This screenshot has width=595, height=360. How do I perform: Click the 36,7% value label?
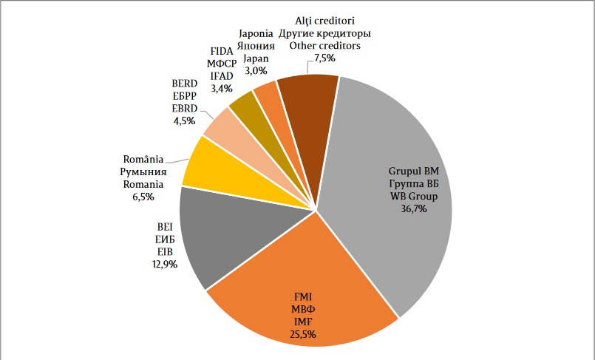click(x=414, y=208)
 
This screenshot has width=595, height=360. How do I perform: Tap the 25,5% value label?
click(x=304, y=334)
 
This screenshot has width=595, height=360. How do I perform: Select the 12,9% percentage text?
click(x=163, y=265)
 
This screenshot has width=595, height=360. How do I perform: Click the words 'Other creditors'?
click(x=324, y=46)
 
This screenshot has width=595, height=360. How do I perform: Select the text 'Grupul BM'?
click(x=414, y=171)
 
